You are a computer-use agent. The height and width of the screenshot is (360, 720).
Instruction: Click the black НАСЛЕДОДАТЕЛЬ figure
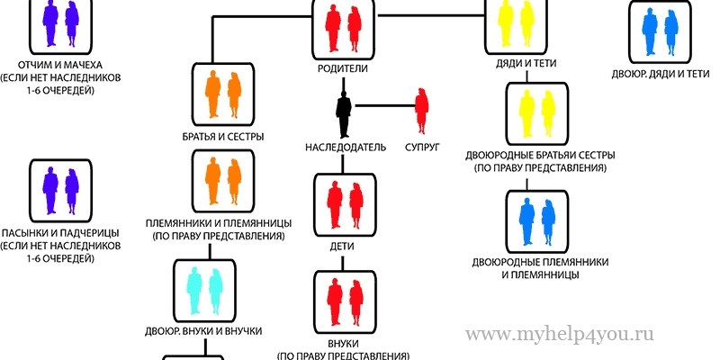[x=344, y=115]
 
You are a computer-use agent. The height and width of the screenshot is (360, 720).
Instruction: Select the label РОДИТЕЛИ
[x=344, y=68]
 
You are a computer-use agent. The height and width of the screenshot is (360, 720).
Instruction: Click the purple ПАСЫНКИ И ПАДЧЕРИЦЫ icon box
[x=59, y=190]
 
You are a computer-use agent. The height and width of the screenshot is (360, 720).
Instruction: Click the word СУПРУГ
[x=421, y=146]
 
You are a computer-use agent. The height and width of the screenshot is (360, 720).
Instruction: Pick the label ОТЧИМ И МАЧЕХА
[x=59, y=66]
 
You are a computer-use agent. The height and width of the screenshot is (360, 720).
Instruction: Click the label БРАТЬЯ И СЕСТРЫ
[x=222, y=137]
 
